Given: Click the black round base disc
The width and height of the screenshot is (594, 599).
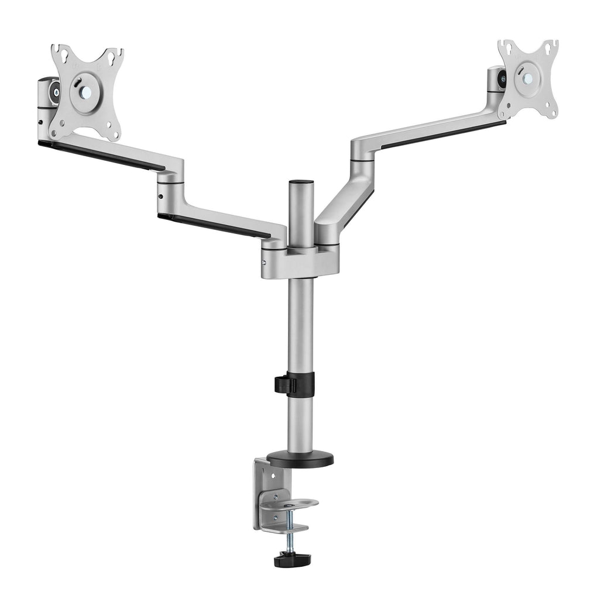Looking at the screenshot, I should point(300,459).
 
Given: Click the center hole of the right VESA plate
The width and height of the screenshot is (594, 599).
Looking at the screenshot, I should point(528,78).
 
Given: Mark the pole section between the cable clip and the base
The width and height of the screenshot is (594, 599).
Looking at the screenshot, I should point(300,421).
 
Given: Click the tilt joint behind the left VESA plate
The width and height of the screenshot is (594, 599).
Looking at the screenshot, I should point(49,94).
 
